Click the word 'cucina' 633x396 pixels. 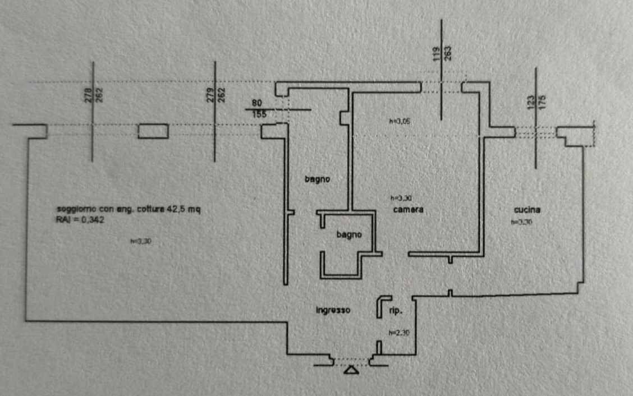527,210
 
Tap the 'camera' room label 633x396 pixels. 407,209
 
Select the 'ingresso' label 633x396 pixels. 333,310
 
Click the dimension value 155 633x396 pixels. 259,114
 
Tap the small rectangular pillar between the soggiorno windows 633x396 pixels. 153,131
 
